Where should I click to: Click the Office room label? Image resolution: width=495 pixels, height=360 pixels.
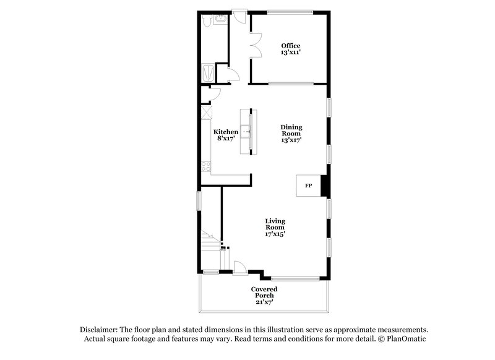click(290, 49)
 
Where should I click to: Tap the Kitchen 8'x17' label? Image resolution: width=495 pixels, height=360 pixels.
click(226, 135)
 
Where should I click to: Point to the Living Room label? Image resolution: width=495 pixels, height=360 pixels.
click(275, 227)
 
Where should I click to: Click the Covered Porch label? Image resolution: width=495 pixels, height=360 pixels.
click(264, 296)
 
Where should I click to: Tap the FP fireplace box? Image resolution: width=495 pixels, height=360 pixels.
click(308, 186)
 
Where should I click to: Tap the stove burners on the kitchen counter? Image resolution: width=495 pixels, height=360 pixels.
click(205, 166)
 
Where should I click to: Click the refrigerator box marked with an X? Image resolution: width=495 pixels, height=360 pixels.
click(205, 113)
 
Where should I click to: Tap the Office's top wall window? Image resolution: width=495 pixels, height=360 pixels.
click(290, 11)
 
